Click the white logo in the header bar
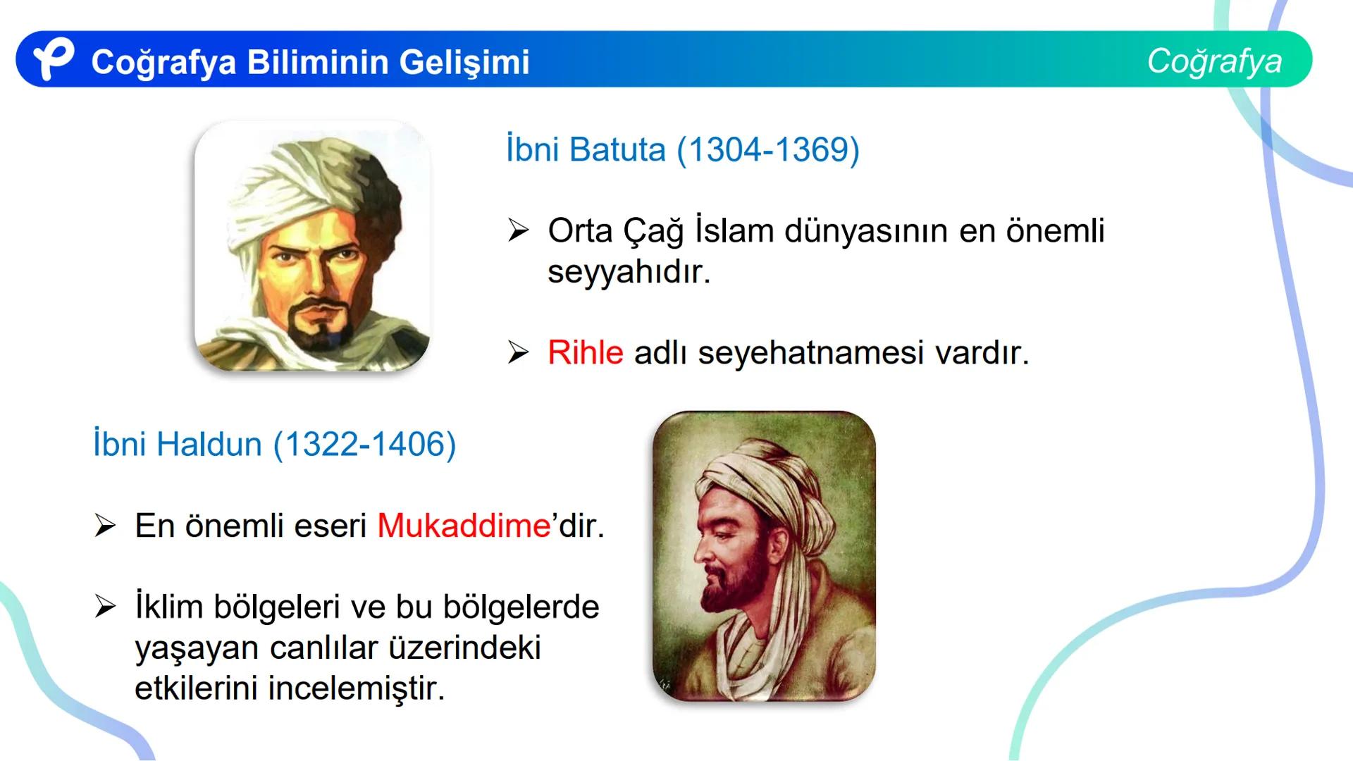click(53, 59)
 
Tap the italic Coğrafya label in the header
click(1214, 61)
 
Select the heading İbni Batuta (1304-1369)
click(682, 150)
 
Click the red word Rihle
click(585, 352)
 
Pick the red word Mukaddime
click(464, 526)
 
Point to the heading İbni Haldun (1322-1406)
click(274, 445)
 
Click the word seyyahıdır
click(629, 272)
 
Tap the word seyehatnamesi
click(810, 352)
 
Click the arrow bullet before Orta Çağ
click(518, 230)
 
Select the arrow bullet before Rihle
click(518, 352)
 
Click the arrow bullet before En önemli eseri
click(105, 526)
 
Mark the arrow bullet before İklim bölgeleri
click(105, 607)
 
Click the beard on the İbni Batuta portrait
click(321, 328)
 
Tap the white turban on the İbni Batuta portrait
click(282, 183)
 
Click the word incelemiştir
click(357, 688)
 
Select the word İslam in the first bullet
click(734, 231)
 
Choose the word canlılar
click(323, 648)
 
